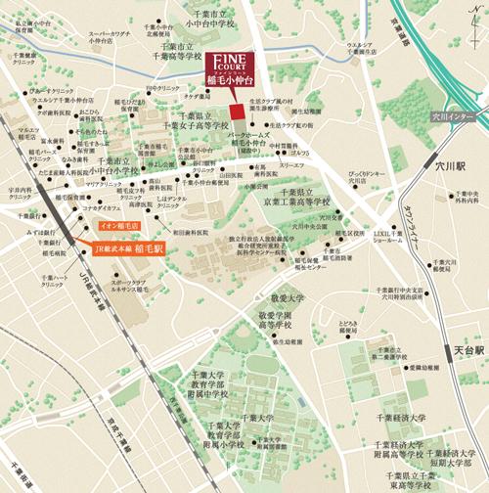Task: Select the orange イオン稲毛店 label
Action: point(120,226)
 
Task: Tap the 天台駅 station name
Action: point(467,347)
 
